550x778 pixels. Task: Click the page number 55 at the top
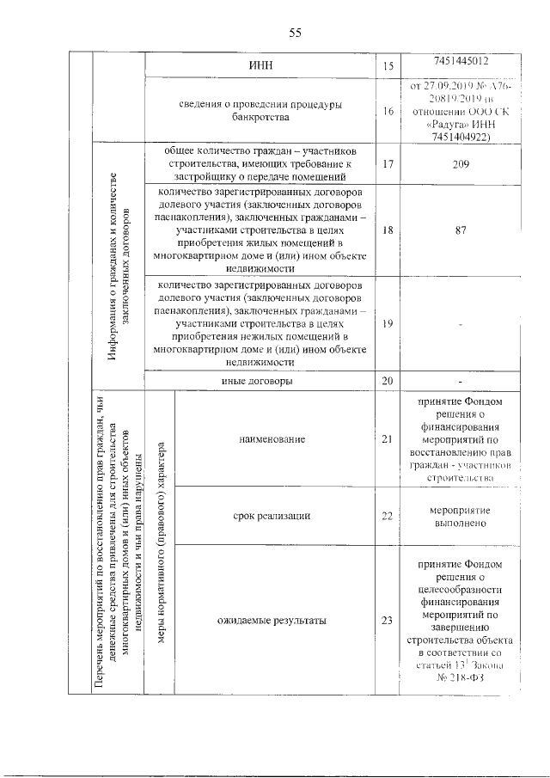pos(295,34)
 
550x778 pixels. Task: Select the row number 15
pos(387,65)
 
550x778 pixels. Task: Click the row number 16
pos(387,111)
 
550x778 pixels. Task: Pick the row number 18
pos(387,231)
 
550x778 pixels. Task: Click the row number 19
pos(387,323)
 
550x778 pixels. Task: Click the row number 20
pos(387,380)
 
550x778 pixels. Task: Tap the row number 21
pos(387,439)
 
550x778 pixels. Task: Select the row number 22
pos(387,516)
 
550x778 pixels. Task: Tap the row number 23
pos(387,621)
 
